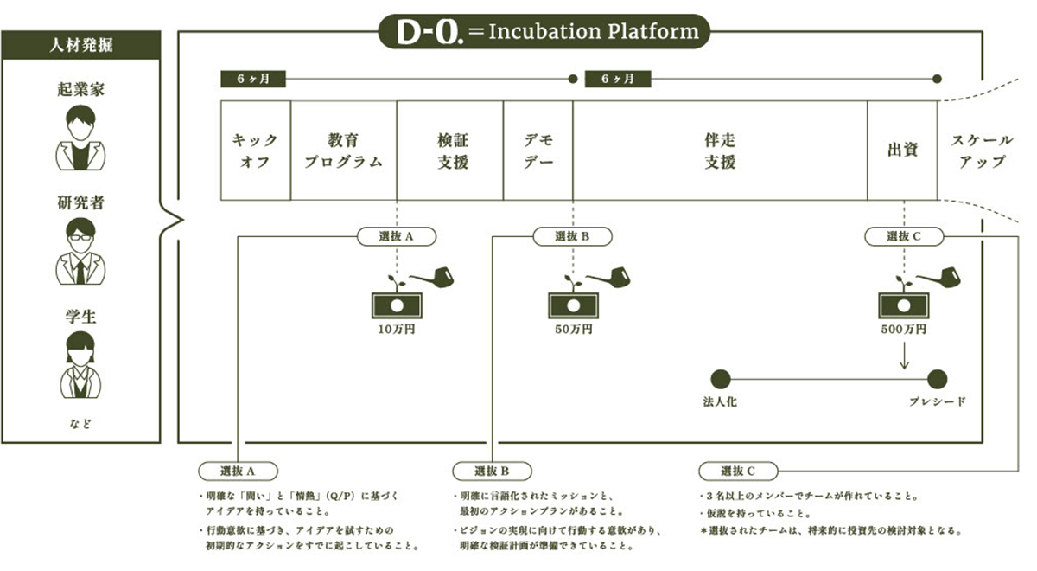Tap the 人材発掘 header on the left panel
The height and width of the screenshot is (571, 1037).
click(x=81, y=45)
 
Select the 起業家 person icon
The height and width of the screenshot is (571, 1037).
click(x=80, y=138)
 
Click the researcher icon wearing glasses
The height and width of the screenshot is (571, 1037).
click(x=80, y=251)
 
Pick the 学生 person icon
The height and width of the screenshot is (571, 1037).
click(x=80, y=365)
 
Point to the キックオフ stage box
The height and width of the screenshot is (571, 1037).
click(x=256, y=151)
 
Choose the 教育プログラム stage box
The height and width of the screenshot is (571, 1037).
click(x=344, y=151)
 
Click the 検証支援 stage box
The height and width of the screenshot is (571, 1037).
click(x=450, y=151)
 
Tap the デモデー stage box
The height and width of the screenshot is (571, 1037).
click(x=538, y=151)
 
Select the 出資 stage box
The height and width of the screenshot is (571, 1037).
click(x=902, y=151)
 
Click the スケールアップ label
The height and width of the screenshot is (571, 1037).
click(x=982, y=151)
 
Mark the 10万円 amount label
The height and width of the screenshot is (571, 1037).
click(x=397, y=330)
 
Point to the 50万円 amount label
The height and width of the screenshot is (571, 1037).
click(x=574, y=330)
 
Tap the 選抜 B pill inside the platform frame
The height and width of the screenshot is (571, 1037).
click(x=573, y=236)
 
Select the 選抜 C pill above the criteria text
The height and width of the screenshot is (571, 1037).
click(x=738, y=472)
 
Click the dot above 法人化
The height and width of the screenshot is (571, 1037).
click(x=721, y=379)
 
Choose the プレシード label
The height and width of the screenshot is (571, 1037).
click(x=938, y=401)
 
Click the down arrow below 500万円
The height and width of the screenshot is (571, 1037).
click(x=904, y=356)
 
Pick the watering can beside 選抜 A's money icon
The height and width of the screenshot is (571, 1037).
click(x=433, y=277)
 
